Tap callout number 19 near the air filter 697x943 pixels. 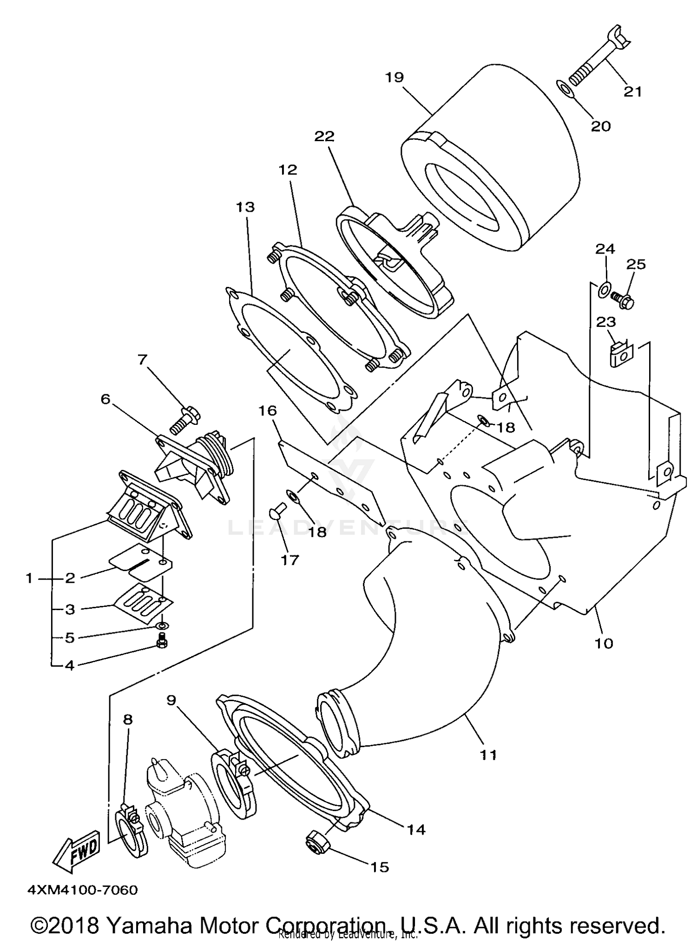coord(395,77)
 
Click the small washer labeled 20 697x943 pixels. coord(564,88)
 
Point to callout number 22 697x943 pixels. coord(324,136)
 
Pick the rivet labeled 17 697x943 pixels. coord(276,515)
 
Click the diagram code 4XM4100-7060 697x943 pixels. coord(83,890)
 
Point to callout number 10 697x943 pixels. coord(604,643)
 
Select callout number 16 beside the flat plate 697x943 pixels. coord(268,411)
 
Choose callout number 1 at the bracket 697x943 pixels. coord(29,579)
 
